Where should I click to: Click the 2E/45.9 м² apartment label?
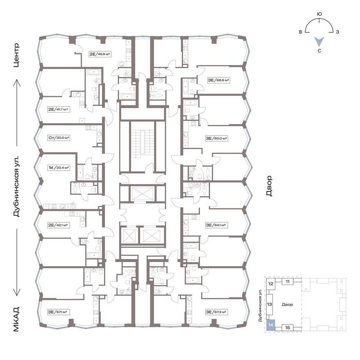(100, 54)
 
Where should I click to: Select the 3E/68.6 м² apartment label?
(219, 80)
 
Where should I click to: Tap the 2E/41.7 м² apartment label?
(59, 109)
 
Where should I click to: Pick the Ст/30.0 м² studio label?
(59, 138)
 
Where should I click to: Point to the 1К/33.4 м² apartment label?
(59, 168)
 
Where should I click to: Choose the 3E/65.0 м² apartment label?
(217, 138)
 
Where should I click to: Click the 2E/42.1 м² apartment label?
(59, 225)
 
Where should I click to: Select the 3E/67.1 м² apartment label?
(59, 312)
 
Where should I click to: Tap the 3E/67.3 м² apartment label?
(217, 312)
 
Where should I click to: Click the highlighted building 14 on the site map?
(270, 325)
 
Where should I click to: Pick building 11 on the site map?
(288, 281)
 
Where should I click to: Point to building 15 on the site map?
(288, 328)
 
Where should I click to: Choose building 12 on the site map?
(271, 283)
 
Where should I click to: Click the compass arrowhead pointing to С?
(319, 41)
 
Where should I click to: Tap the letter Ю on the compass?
(319, 14)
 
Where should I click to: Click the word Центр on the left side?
(16, 55)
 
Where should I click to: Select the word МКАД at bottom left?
(16, 319)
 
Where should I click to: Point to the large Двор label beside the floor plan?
(269, 186)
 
